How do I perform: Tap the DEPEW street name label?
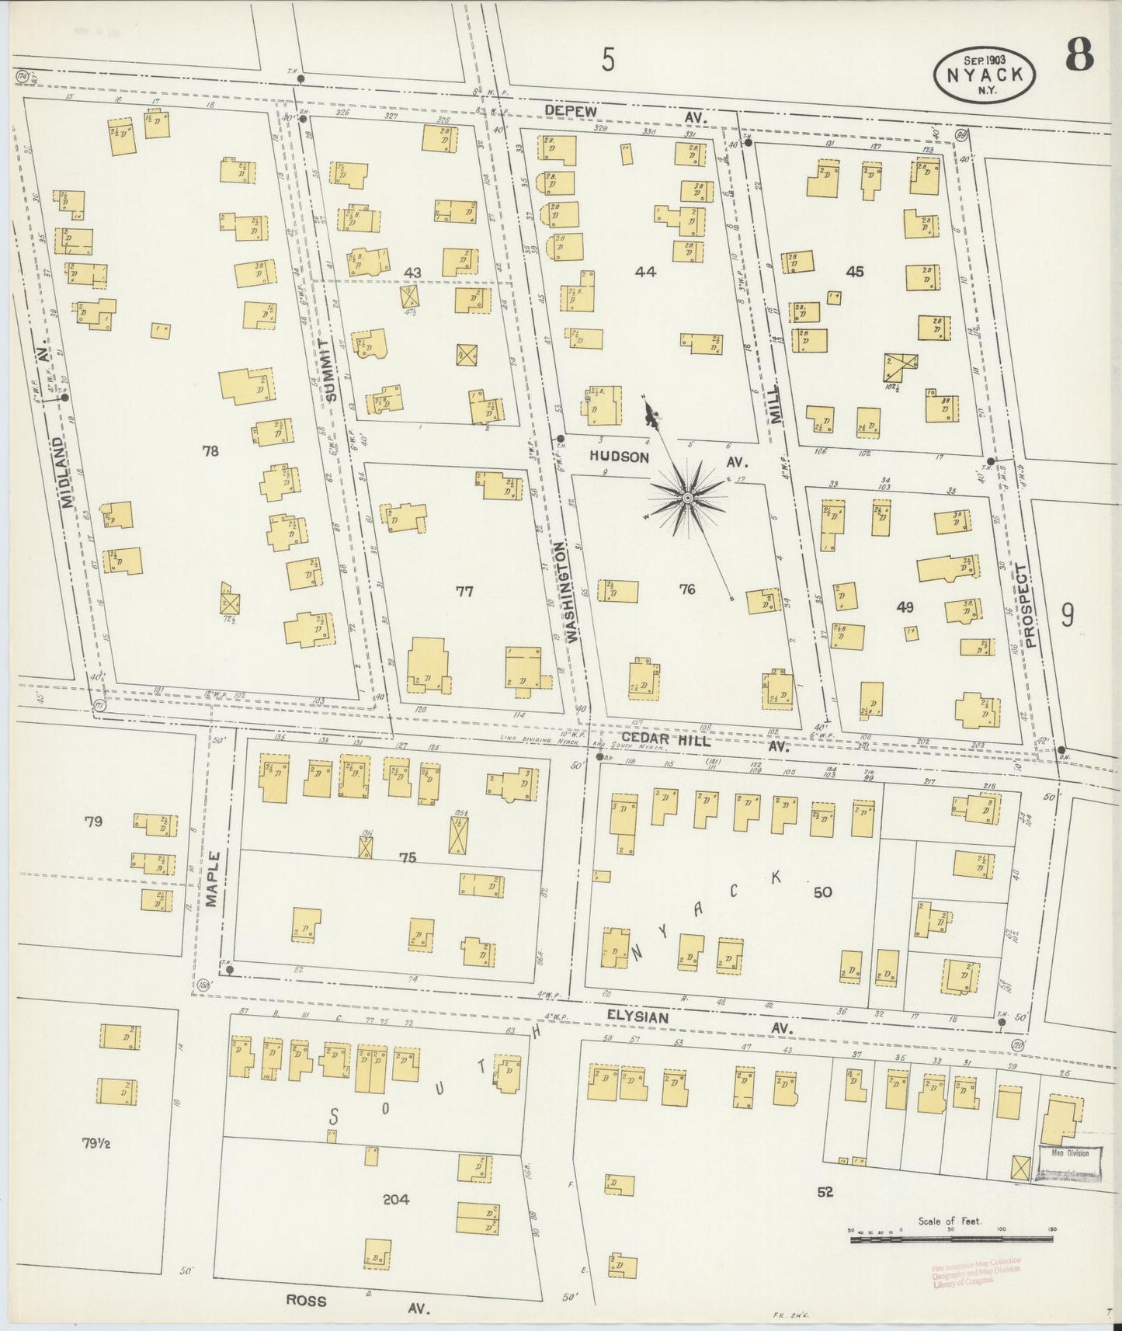570,112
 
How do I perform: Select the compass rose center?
687,497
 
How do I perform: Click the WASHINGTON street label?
574,592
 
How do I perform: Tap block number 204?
396,1199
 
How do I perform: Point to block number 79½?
96,1142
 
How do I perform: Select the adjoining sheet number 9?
1068,614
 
